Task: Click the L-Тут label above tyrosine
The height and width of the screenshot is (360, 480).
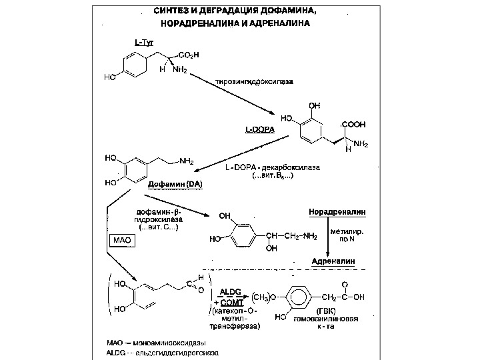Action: tap(144, 43)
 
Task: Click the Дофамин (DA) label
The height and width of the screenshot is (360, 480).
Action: tap(175, 183)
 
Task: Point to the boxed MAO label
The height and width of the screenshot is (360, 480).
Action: tap(121, 239)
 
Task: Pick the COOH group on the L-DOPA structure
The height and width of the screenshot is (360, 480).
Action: tap(353, 124)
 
